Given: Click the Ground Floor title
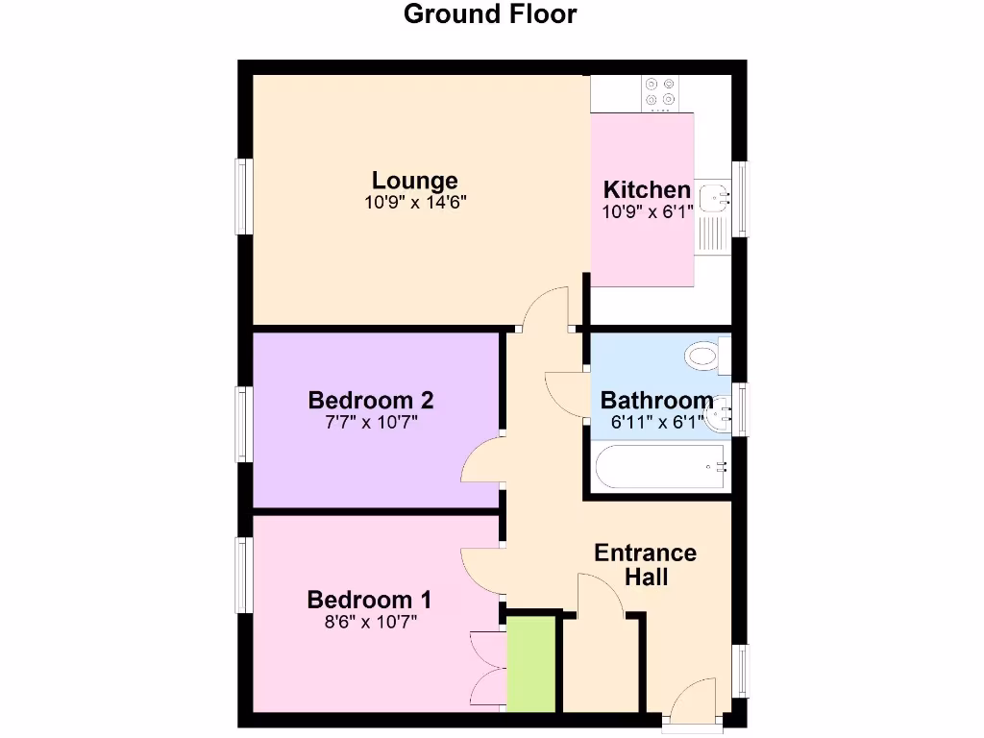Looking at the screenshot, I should coord(490,14).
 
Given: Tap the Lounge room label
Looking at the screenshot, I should coord(415,181).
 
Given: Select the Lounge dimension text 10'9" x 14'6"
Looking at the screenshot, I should coord(415,203).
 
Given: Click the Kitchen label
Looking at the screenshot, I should coord(646,189).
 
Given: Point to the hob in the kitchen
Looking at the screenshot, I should coord(660,91).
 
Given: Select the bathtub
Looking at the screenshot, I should coord(661,468).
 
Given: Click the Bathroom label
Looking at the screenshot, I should coord(657,401).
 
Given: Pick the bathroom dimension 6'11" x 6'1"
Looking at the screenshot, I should coord(657,421).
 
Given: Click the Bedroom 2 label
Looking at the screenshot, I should coord(371,400).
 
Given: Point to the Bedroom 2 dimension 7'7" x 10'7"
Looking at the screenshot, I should coord(371,421).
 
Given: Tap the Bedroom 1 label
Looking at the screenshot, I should coord(369,601).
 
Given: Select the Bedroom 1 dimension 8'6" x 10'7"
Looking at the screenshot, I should coord(369,622).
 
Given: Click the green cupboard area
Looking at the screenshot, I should coord(531,664).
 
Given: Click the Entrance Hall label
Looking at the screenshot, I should coord(646,565).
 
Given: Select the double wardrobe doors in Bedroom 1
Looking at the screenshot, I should coord(488,669).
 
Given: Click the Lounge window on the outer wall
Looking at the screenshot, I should coord(244,196).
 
